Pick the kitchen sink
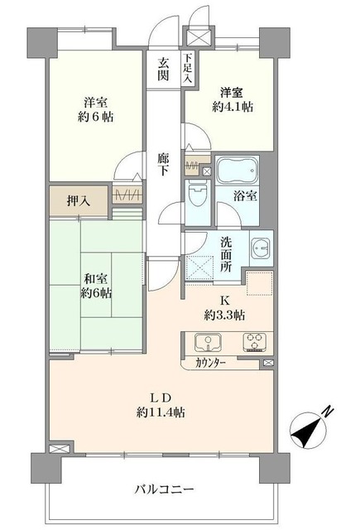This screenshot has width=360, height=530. tap(205, 342)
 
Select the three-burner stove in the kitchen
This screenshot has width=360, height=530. tap(254, 341)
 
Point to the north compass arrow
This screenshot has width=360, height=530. tap(305, 431)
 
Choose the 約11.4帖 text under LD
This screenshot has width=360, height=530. tap(161, 411)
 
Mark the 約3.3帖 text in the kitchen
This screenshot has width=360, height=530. tap(225, 316)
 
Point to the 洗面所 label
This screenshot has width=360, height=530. tap(225, 256)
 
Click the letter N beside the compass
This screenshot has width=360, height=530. tap(328, 412)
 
